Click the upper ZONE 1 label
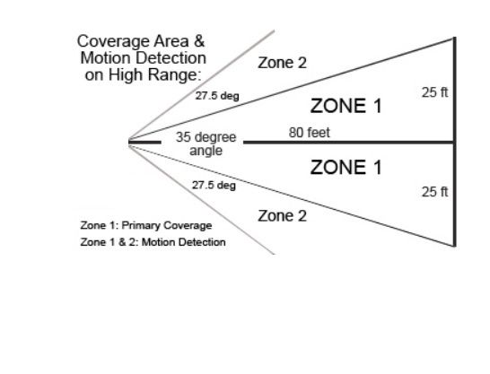coord(346,106)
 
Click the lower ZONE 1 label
coord(346,167)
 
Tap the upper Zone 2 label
coord(282,63)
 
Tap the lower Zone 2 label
coord(282,216)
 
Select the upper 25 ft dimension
coord(434,92)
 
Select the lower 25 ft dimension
coord(434,192)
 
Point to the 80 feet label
coord(310,133)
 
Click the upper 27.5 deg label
coord(217,96)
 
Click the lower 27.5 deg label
coord(214,185)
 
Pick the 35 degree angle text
coord(206,144)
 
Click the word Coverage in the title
coord(113,41)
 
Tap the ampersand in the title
coord(199,41)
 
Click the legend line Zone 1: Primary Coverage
coord(146,225)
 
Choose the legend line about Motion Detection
coord(153,242)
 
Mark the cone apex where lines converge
coord(128,143)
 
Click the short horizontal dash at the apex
coord(144,143)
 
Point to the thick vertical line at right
coord(455,142)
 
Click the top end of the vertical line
coord(455,37)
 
